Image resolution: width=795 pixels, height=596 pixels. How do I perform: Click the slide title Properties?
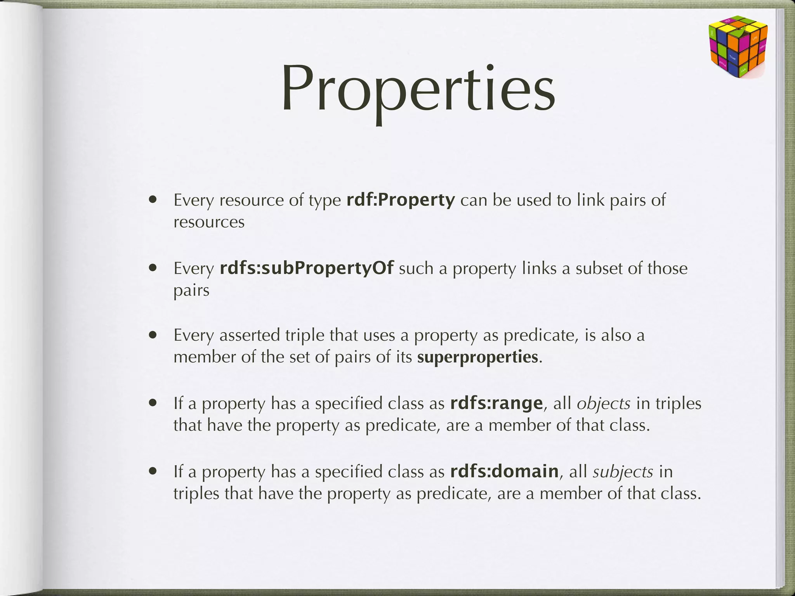418,90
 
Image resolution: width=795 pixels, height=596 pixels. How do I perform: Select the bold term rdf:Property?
400,200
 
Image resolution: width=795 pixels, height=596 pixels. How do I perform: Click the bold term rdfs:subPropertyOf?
307,268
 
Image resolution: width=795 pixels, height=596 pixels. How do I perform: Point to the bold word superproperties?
478,357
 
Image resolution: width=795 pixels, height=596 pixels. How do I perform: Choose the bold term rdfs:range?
496,404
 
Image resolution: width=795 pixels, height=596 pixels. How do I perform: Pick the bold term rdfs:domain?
504,471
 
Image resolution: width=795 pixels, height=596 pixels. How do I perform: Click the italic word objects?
604,404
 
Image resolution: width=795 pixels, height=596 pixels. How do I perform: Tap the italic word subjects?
623,472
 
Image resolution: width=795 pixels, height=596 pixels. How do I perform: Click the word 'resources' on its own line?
209,223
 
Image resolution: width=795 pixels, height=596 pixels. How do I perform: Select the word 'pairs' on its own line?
191,291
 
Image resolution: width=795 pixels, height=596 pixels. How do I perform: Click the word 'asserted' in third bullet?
249,335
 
